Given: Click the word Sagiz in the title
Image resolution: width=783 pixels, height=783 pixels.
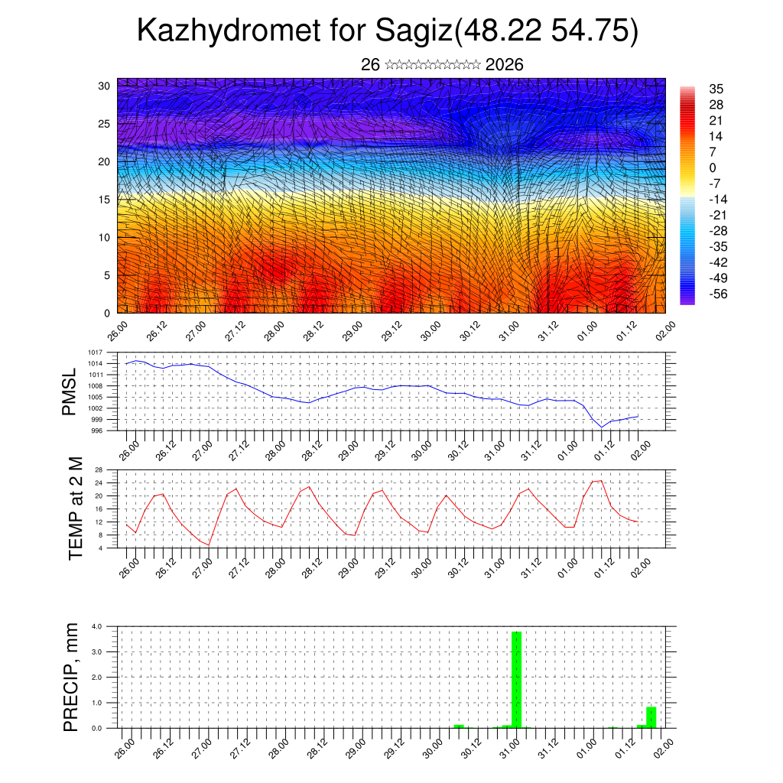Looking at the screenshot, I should [x=414, y=31].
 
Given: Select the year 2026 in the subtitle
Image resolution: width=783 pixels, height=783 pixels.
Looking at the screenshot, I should [x=504, y=65].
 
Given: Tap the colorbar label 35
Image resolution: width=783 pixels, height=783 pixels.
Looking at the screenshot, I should [x=716, y=89].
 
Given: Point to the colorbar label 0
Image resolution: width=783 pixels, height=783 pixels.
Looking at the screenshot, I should [x=713, y=167].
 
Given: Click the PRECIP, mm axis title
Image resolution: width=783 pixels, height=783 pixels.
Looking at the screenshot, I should [x=70, y=676].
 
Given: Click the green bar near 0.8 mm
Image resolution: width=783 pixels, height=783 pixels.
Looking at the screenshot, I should [x=651, y=717].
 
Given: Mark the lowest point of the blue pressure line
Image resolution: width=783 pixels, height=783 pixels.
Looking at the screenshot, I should [x=603, y=427].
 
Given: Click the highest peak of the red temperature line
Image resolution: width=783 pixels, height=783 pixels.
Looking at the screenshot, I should [x=601, y=480].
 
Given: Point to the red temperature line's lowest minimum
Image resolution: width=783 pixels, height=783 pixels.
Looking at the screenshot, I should [x=209, y=545].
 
